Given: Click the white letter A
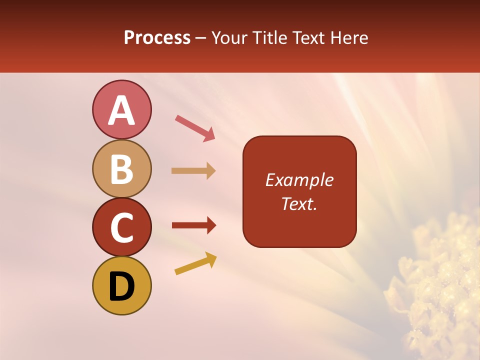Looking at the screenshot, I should tap(121, 110).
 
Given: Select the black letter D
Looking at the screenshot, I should tap(121, 286).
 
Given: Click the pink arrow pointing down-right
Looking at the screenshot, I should tap(195, 128).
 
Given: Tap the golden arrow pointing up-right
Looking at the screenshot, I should tap(195, 263).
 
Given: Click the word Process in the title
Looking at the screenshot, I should tap(157, 37).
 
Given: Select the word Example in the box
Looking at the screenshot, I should tap(299, 180).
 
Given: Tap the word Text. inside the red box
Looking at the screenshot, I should tap(299, 203).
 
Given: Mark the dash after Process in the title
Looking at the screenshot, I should tap(201, 38).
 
